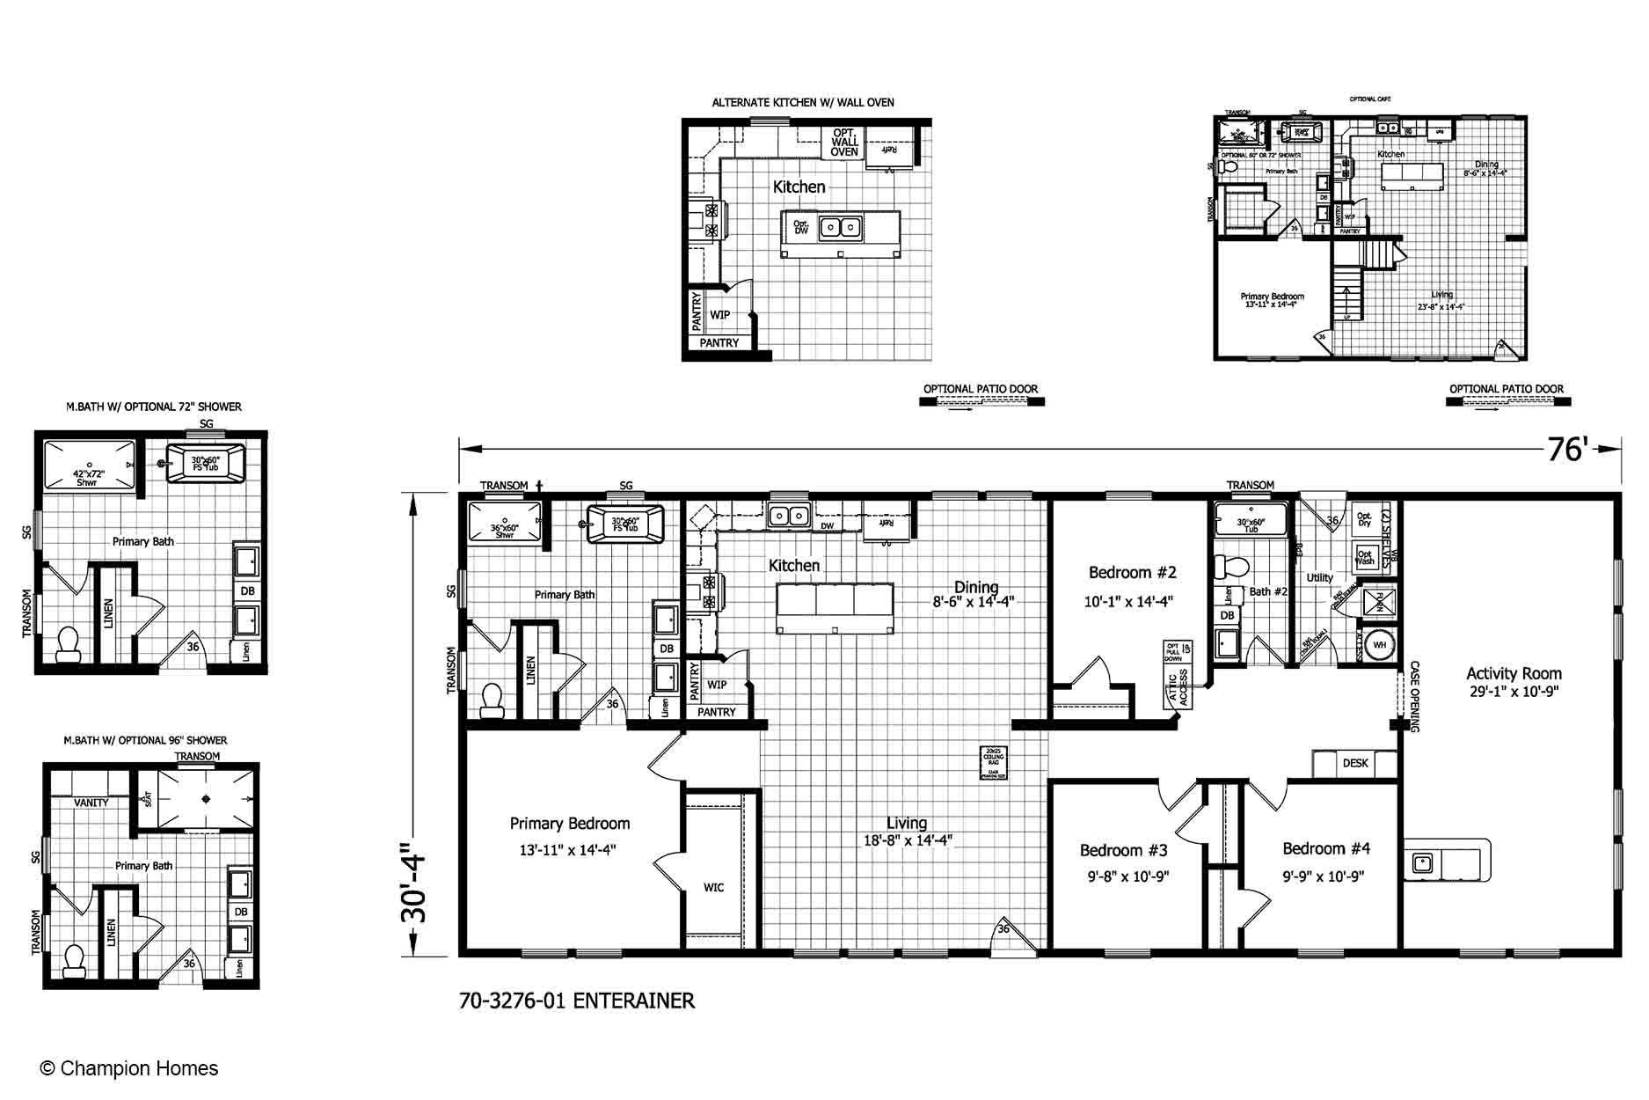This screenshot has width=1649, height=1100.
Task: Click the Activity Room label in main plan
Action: click(x=1513, y=673)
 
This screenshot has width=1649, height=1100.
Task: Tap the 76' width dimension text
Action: click(x=1565, y=450)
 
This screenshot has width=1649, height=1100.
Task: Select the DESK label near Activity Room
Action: click(x=1354, y=763)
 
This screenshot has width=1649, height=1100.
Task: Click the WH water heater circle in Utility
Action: click(x=1379, y=645)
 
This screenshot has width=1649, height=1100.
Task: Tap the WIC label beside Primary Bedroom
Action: click(x=713, y=887)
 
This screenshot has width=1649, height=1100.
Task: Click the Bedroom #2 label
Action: click(x=1132, y=573)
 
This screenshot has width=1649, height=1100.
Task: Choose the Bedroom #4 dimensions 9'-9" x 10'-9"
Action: click(x=1323, y=876)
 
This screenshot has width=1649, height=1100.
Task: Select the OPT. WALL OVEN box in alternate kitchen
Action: click(x=844, y=143)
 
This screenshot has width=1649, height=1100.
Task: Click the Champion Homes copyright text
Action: click(x=129, y=1068)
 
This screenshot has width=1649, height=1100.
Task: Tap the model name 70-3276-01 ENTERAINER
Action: click(x=576, y=1001)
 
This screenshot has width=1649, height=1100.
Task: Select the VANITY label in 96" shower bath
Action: click(x=91, y=803)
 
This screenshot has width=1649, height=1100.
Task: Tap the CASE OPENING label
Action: click(x=1414, y=696)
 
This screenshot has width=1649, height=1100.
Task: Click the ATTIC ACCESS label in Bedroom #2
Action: click(x=1178, y=687)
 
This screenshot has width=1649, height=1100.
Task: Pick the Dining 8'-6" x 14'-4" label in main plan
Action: click(x=974, y=594)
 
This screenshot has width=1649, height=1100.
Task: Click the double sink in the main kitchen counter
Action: click(x=789, y=515)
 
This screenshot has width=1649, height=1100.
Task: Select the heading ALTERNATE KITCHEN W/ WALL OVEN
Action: click(x=802, y=103)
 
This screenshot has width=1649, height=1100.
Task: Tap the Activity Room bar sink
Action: click(x=1421, y=863)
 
